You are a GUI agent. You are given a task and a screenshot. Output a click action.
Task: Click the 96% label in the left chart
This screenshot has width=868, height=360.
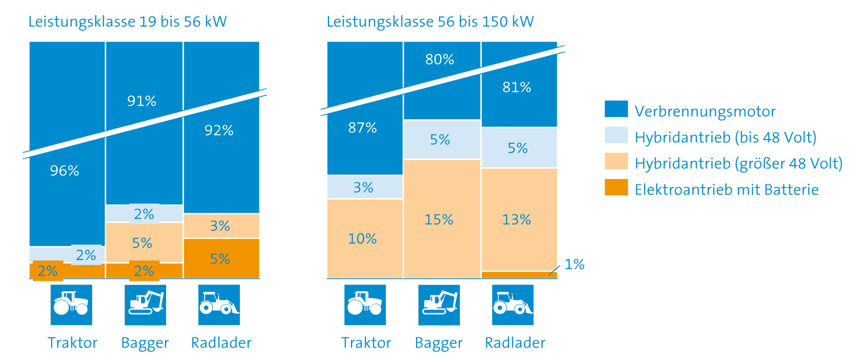(x=65, y=171)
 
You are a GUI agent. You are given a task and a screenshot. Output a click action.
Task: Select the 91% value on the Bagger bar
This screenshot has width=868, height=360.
(x=142, y=101)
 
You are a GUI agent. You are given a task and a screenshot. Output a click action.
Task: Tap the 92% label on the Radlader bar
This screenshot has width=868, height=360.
(x=219, y=130)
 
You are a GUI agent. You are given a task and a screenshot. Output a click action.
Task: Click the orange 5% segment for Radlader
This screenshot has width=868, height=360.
(x=220, y=258)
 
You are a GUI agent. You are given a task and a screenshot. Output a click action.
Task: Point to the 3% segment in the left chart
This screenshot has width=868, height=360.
(x=220, y=226)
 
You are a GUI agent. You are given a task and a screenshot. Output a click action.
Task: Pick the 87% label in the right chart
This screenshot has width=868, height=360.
(x=362, y=128)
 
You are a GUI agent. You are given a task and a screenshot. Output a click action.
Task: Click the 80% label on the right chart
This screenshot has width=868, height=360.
(x=439, y=59)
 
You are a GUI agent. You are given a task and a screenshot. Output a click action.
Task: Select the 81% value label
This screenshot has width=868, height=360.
(x=517, y=87)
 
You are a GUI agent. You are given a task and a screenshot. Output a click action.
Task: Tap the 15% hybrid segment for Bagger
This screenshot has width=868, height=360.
(x=439, y=219)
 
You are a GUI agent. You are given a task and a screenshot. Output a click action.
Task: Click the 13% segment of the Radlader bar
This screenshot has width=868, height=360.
(x=517, y=219)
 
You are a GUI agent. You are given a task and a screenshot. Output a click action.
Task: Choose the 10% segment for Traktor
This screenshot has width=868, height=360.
(x=362, y=239)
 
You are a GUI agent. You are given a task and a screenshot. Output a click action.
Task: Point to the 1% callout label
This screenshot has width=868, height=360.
(x=574, y=264)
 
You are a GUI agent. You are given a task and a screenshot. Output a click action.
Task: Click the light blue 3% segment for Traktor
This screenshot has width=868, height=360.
(x=363, y=188)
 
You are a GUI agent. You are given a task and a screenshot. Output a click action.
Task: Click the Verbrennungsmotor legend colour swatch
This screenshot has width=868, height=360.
(x=616, y=109)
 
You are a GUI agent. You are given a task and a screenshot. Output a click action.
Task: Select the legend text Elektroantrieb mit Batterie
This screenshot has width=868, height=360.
(x=726, y=190)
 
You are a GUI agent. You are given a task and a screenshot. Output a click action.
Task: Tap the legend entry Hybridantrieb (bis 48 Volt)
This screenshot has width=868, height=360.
(x=725, y=138)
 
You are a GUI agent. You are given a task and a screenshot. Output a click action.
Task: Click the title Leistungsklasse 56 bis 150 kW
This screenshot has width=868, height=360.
(x=430, y=22)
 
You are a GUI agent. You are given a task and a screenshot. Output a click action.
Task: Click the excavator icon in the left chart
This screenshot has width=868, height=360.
(x=145, y=305)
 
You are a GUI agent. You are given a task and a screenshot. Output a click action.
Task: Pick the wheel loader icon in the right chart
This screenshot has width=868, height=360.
(x=513, y=305)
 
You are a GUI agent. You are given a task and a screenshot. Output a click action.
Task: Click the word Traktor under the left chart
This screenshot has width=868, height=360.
(x=72, y=343)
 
